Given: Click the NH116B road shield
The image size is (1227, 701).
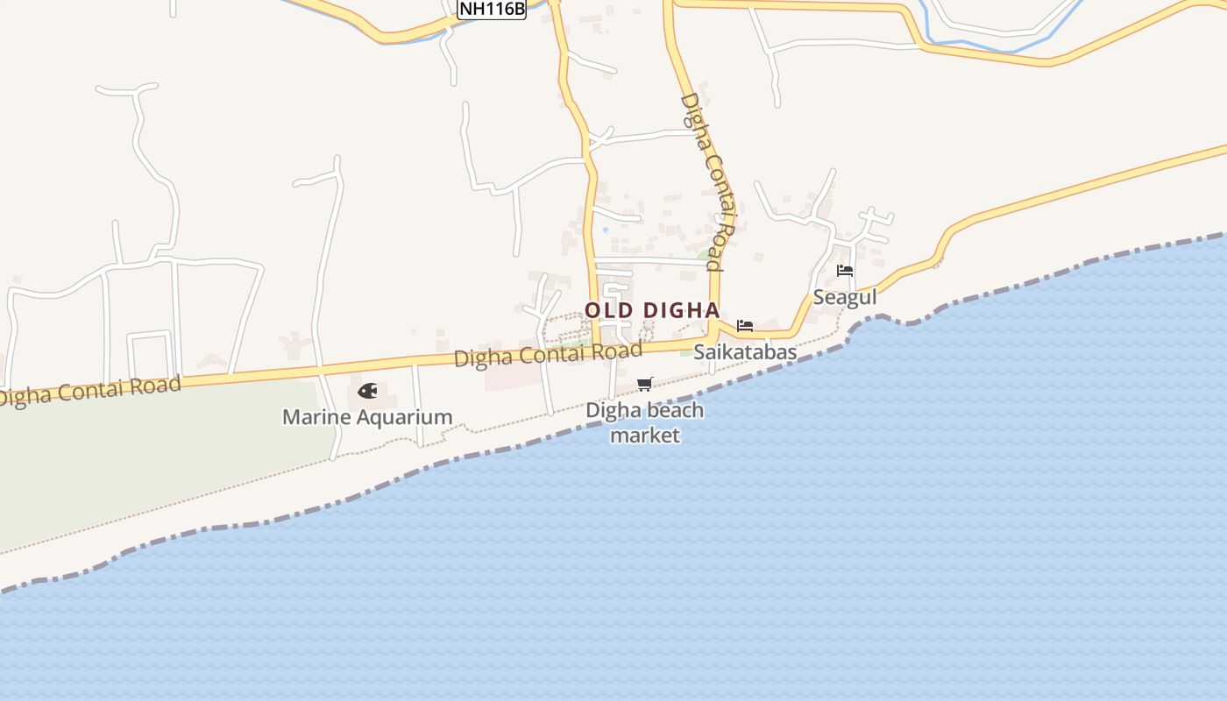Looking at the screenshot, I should click(492, 9).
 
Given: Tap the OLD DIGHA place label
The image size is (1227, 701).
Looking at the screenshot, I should click(652, 310).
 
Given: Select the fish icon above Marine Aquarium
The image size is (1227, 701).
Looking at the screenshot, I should click(367, 391).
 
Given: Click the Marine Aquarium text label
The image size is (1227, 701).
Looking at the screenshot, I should click(367, 417).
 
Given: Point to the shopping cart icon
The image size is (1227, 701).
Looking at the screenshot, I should click(645, 384).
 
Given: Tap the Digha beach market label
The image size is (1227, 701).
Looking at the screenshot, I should click(645, 422).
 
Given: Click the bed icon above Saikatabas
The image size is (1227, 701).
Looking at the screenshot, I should click(745, 326).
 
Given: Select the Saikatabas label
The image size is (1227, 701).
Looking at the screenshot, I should click(745, 352).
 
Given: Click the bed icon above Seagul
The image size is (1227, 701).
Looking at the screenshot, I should click(845, 271).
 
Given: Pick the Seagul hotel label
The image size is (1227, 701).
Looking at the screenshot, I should click(845, 297).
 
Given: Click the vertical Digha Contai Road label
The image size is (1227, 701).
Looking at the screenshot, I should click(707, 181).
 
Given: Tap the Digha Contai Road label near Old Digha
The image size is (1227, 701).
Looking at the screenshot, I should click(548, 355).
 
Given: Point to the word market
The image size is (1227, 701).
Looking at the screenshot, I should click(645, 435).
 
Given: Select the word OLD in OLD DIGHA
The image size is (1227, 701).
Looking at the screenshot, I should click(606, 310).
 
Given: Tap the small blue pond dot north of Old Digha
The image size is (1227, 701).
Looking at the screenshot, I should click(605, 230).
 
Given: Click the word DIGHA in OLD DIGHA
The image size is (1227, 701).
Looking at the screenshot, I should click(681, 310).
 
